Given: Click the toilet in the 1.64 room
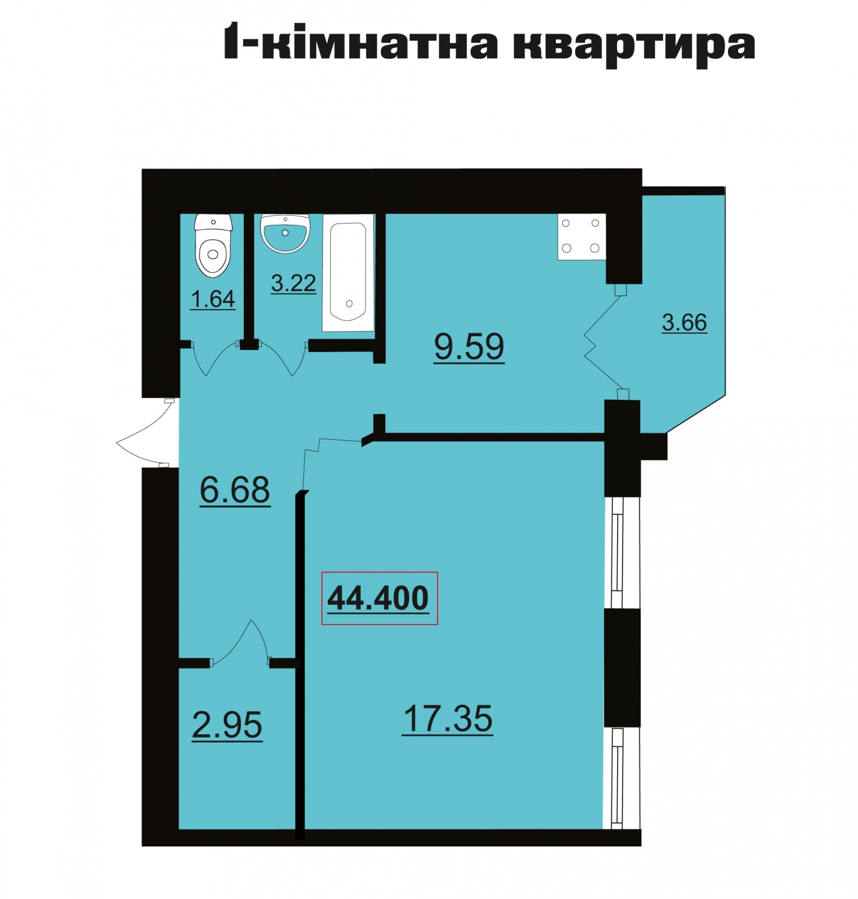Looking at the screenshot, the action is (213, 246).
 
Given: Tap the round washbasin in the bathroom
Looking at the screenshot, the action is (285, 233).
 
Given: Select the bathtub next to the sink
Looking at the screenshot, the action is (348, 272).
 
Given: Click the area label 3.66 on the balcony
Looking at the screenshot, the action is (684, 322).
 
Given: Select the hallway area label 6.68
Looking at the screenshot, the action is (235, 490).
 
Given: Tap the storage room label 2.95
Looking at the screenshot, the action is (227, 725).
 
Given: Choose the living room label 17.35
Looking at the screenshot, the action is (448, 719).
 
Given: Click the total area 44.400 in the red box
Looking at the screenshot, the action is (379, 598).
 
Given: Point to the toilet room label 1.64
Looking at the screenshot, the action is (213, 298).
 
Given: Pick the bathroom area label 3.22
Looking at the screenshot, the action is (294, 283).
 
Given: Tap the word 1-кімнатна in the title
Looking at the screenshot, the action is (361, 42).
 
